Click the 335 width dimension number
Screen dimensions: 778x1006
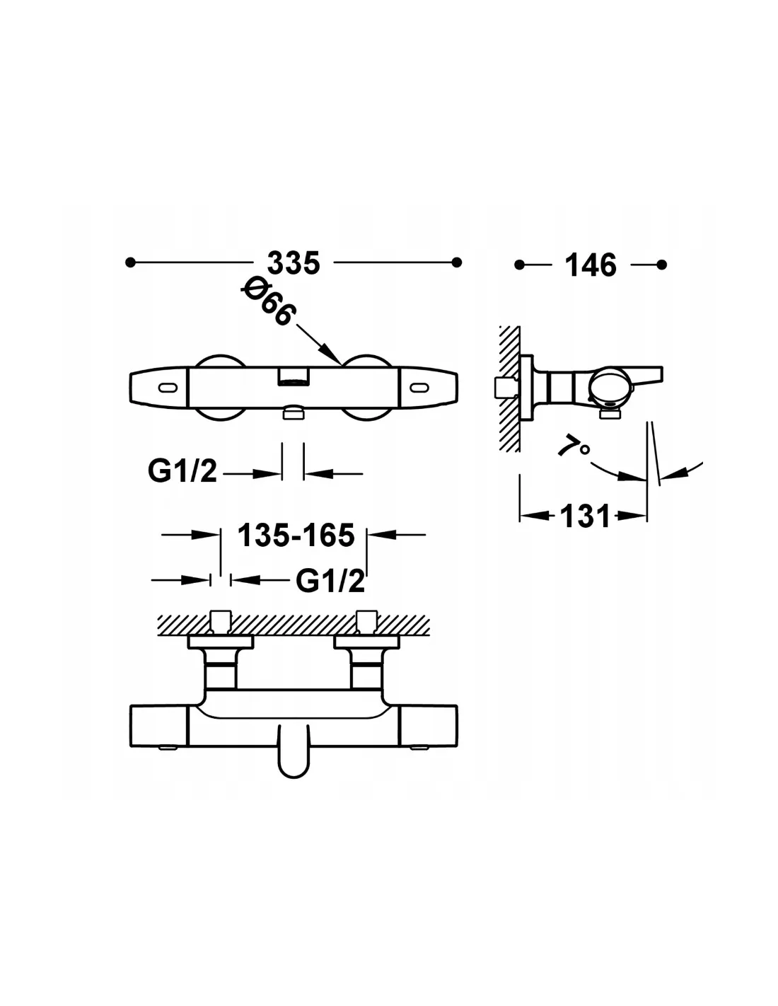click(x=294, y=263)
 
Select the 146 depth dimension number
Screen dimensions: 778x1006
click(x=591, y=265)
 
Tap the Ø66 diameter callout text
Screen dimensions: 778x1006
click(x=267, y=301)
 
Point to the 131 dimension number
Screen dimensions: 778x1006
click(x=585, y=516)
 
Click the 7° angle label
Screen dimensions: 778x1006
click(x=574, y=446)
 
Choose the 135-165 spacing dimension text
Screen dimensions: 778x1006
click(x=296, y=535)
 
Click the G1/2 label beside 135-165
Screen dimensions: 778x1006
click(x=330, y=581)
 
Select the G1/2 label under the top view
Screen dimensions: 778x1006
click(x=182, y=471)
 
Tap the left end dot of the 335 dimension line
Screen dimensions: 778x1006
click(x=131, y=262)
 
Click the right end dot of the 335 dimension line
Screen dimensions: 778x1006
click(x=457, y=262)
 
